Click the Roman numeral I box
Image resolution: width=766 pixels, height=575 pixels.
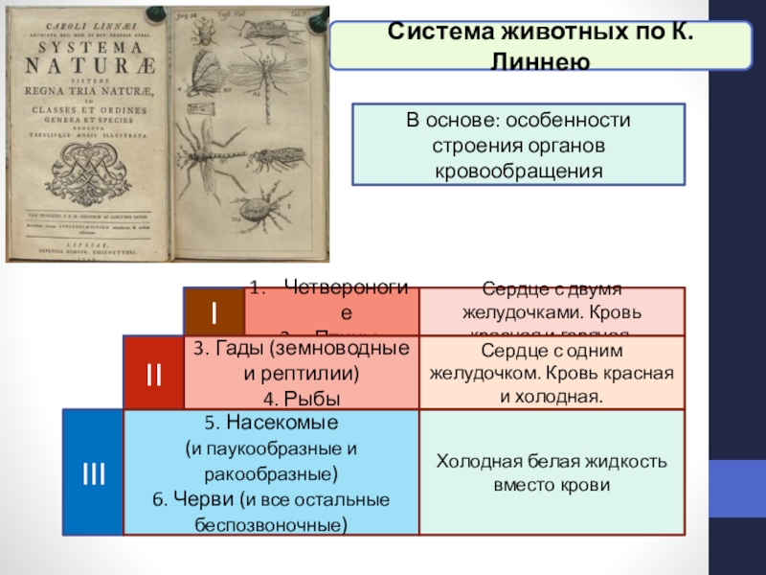tap(214, 311)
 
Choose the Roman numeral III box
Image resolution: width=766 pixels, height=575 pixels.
tap(93, 471)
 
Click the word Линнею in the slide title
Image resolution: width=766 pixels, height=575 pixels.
tap(541, 59)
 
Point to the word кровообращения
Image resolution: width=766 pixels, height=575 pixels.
tap(518, 172)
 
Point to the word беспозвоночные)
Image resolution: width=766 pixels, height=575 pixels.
tap(271, 525)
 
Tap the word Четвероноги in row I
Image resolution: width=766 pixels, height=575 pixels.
tap(346, 287)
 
